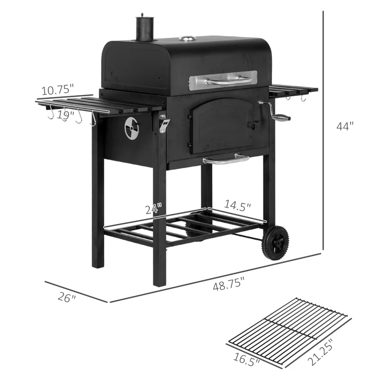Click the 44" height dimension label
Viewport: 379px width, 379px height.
pos(345,126)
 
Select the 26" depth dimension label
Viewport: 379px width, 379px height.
pos(66,298)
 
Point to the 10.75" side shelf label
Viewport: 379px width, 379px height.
pos(57,89)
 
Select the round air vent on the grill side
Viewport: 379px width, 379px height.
pos(132,128)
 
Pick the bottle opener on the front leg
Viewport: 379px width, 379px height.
pos(164,124)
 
